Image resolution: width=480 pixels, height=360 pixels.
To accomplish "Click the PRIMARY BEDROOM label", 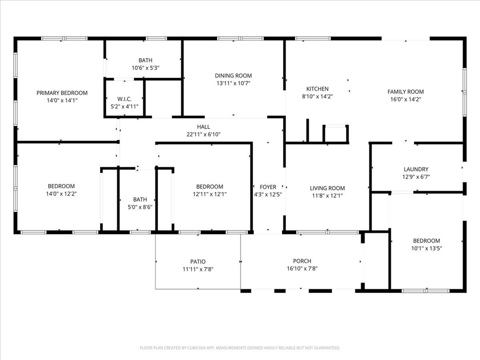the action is click(x=62, y=92).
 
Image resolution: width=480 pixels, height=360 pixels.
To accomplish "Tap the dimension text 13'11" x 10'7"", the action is click(x=233, y=83).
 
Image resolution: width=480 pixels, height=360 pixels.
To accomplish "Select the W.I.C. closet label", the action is click(x=124, y=98).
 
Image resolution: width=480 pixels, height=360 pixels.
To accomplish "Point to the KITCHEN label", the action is click(x=317, y=88).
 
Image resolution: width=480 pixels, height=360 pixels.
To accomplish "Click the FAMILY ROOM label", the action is click(x=405, y=91).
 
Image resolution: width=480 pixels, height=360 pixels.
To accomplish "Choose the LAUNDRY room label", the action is click(x=416, y=169).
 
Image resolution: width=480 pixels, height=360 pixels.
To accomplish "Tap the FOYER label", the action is click(x=268, y=186).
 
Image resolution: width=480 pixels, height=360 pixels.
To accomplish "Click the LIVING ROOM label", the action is click(x=327, y=188).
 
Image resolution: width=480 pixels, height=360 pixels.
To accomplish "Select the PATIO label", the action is click(x=198, y=261).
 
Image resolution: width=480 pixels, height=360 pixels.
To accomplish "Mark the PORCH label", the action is click(x=302, y=260).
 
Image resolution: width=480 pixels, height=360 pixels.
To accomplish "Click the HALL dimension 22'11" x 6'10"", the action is click(x=203, y=134).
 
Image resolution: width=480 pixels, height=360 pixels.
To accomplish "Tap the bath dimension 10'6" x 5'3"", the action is click(x=145, y=67).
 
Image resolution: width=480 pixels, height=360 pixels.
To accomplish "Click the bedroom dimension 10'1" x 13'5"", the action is click(x=426, y=248).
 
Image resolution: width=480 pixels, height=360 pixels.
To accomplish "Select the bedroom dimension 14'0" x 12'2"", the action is click(x=61, y=193).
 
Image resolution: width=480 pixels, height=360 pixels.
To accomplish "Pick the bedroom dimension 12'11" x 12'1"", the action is click(x=210, y=194).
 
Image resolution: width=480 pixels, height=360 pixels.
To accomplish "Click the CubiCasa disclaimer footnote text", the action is click(x=240, y=347).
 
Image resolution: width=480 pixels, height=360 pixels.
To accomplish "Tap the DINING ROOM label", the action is click(x=233, y=76).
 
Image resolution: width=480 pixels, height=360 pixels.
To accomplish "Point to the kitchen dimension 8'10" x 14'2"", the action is click(x=317, y=96).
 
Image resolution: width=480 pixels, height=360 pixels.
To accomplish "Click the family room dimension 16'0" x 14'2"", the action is click(x=405, y=99).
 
